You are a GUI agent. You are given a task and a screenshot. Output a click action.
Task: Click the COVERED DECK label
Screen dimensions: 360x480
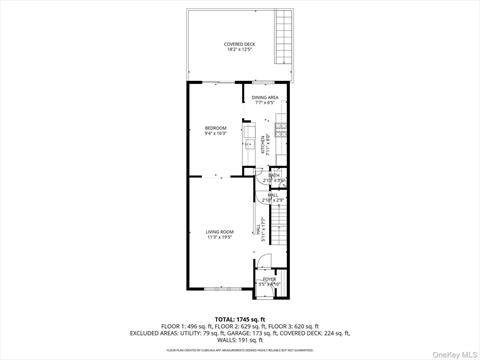[x=238, y=44]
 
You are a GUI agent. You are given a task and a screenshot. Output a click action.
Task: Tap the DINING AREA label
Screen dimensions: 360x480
[x=265, y=97]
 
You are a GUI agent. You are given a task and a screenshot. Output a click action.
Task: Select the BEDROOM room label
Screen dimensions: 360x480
[x=216, y=127]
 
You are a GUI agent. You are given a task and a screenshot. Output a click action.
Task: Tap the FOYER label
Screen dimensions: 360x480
[x=270, y=279]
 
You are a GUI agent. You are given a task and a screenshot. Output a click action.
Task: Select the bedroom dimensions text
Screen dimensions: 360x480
[x=216, y=133]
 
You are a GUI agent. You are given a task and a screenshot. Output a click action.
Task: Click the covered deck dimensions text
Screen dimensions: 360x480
[x=238, y=50]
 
